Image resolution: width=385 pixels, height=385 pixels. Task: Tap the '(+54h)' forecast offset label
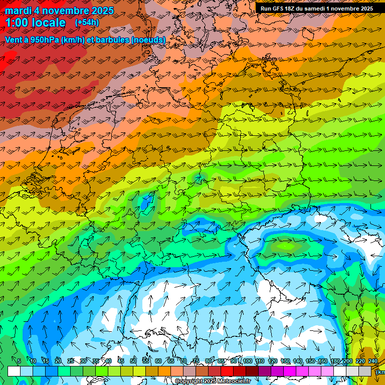(x=87, y=23)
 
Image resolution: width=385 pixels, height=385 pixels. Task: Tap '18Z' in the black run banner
(x=292, y=9)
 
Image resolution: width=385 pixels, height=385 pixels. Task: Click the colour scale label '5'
(x=19, y=361)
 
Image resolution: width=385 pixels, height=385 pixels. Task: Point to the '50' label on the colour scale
(x=133, y=361)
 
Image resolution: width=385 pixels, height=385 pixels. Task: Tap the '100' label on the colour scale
(x=248, y=361)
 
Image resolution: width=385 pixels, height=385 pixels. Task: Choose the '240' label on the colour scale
(x=373, y=361)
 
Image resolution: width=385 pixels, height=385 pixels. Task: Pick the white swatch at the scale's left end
(x=14, y=371)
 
